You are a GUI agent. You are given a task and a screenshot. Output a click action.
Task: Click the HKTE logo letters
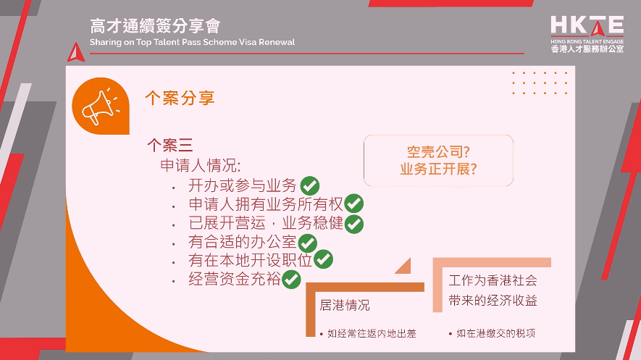(x=587, y=26)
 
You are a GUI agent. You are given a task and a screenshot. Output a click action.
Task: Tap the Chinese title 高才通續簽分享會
(x=155, y=26)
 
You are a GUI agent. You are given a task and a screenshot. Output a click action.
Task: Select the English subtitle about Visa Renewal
(x=192, y=42)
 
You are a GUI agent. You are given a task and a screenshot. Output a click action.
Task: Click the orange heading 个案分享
(x=180, y=98)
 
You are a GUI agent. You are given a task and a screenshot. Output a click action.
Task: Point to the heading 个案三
(x=169, y=145)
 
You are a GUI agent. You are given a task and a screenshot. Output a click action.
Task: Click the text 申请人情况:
(x=201, y=165)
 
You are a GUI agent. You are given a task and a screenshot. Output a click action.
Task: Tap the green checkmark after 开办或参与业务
(x=310, y=186)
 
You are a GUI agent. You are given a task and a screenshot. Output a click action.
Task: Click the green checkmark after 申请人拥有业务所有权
(x=353, y=204)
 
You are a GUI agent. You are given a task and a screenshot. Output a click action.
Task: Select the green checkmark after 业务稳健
(x=354, y=224)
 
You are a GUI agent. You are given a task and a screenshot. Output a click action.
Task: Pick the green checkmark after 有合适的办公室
(x=307, y=243)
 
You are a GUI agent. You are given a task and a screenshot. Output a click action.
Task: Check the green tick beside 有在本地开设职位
(x=323, y=259)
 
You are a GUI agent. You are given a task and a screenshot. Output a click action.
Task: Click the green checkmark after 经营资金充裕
(x=291, y=280)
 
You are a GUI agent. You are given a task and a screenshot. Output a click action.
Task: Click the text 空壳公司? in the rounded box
(x=438, y=152)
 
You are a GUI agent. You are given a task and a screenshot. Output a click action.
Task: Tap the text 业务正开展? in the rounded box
(x=438, y=169)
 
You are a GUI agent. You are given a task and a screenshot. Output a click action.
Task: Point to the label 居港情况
(x=345, y=305)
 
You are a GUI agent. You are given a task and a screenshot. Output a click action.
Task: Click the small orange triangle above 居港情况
(x=405, y=267)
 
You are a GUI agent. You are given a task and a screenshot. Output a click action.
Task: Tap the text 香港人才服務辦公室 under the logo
(x=587, y=49)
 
